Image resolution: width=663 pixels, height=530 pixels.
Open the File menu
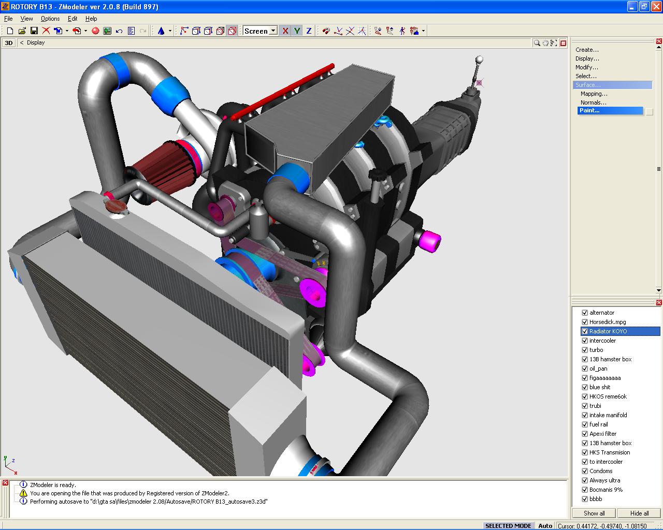click(8, 19)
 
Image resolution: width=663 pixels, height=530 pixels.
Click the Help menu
click(91, 19)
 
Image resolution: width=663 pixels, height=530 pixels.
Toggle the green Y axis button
click(297, 31)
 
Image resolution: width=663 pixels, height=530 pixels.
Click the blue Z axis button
click(309, 31)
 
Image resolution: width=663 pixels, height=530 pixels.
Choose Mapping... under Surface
click(594, 94)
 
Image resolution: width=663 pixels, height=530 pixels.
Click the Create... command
click(587, 50)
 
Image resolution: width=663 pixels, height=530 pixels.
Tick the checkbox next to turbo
click(585, 350)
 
